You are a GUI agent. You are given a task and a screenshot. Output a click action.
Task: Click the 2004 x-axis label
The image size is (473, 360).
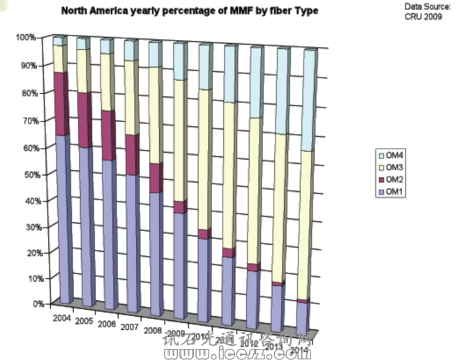pyautogui.click(x=61, y=318)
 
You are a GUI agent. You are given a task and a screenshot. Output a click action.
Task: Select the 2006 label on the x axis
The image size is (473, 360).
pyautogui.click(x=107, y=324)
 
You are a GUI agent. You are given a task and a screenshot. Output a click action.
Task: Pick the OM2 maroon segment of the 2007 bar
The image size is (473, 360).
pyautogui.click(x=132, y=154)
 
